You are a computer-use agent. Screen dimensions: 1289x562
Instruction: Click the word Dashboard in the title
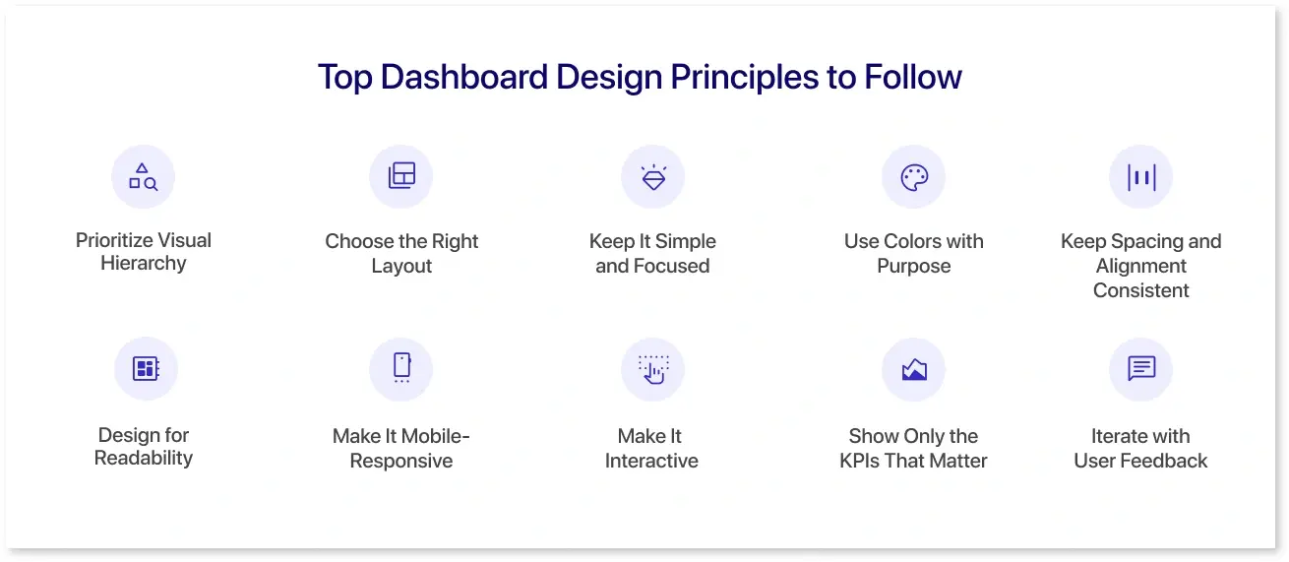click(x=463, y=77)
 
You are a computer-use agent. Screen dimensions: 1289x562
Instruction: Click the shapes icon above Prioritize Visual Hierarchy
click(x=144, y=177)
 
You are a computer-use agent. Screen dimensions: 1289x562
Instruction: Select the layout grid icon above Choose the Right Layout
click(x=401, y=175)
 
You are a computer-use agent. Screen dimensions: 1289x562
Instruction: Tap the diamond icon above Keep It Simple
click(x=653, y=177)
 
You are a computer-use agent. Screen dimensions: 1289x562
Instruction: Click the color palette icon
click(x=914, y=177)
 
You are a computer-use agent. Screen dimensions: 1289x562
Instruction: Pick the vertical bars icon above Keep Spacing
click(x=1141, y=177)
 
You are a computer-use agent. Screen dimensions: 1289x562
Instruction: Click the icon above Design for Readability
click(x=146, y=368)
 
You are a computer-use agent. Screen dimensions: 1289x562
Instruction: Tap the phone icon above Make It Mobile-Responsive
click(x=401, y=367)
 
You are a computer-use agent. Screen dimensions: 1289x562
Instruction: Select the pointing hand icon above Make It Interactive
click(x=653, y=369)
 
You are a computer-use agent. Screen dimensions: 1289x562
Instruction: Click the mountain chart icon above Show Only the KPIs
click(x=914, y=369)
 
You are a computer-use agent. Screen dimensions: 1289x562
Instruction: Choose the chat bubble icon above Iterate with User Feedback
click(x=1141, y=368)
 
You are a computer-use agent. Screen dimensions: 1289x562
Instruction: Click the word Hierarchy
click(x=144, y=263)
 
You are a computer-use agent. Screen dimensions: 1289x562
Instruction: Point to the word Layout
click(x=401, y=266)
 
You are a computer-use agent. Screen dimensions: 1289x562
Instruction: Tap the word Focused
click(x=671, y=266)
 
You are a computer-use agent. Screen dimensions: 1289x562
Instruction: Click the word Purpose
click(x=913, y=266)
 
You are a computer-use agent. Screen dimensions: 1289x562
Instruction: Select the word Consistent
click(x=1140, y=290)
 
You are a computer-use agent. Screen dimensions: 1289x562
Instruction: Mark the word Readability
click(x=144, y=458)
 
